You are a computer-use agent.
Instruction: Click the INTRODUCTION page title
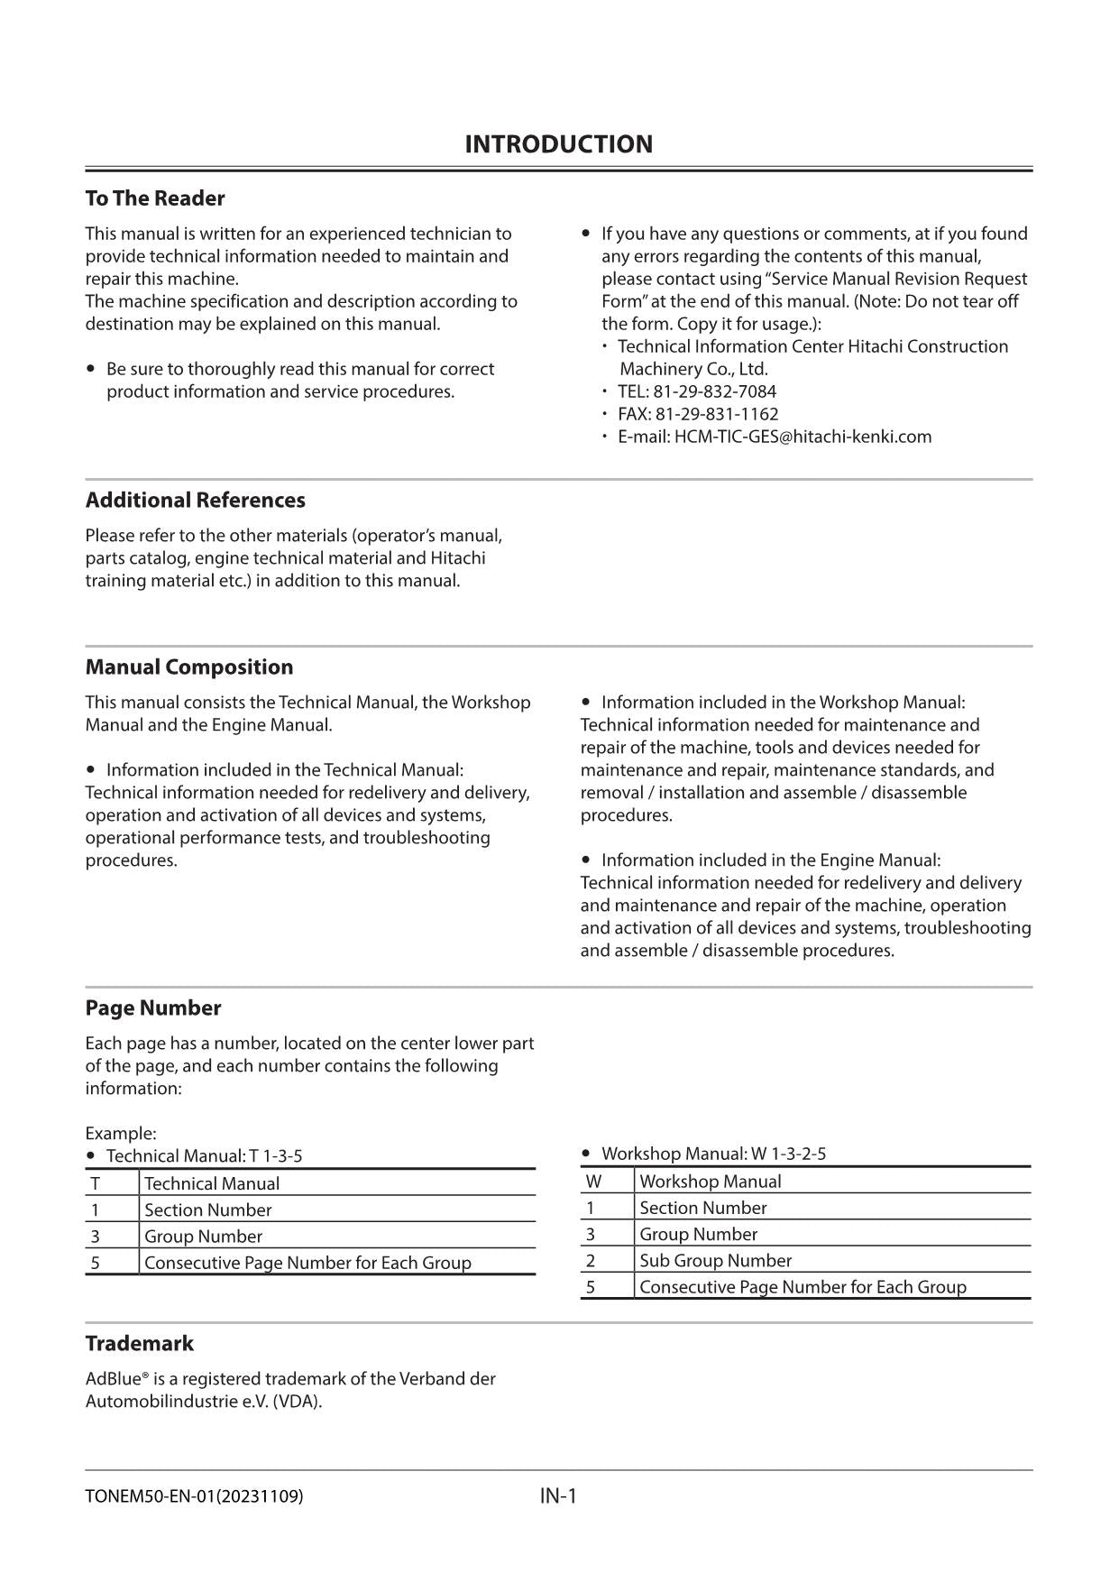[x=558, y=144]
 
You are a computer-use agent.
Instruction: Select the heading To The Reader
[x=155, y=198]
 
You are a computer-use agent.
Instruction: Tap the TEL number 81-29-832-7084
[x=714, y=391]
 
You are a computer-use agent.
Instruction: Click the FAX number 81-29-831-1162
[x=716, y=414]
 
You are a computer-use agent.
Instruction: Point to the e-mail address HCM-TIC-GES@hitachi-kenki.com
[x=803, y=437]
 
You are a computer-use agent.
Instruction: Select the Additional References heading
[x=195, y=501]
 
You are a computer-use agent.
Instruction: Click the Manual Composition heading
[x=188, y=667]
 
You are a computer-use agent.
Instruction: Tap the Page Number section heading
[x=152, y=1008]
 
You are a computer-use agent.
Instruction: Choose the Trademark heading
[x=139, y=1344]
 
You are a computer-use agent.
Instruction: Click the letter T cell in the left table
[x=96, y=1183]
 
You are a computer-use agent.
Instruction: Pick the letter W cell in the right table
[x=593, y=1182]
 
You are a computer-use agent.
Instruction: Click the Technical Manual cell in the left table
[x=212, y=1183]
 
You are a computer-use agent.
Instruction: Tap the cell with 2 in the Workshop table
[x=591, y=1261]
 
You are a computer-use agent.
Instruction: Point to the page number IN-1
[x=558, y=1496]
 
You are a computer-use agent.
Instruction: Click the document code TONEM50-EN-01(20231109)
[x=194, y=1497]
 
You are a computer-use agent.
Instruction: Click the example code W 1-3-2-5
[x=788, y=1154]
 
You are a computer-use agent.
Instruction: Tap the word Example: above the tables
[x=121, y=1134]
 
